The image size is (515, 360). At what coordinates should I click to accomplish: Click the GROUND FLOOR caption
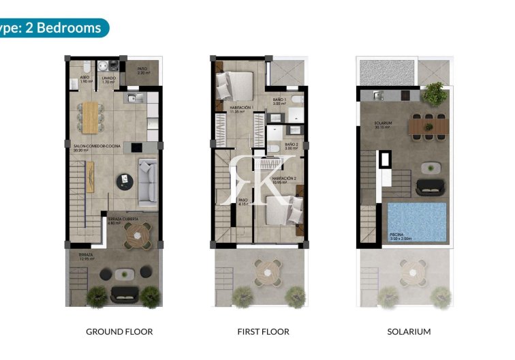[119, 331]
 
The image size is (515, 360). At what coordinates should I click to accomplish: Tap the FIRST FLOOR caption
[264, 331]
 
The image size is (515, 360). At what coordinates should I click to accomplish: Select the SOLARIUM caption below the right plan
[409, 331]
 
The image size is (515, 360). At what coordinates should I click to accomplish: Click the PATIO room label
[142, 70]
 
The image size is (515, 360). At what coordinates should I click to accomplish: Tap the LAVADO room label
[108, 78]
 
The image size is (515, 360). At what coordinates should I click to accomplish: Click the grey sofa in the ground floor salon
[148, 181]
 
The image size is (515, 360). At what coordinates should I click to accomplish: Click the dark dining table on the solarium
[428, 125]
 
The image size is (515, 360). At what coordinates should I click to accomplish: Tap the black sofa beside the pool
[430, 185]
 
